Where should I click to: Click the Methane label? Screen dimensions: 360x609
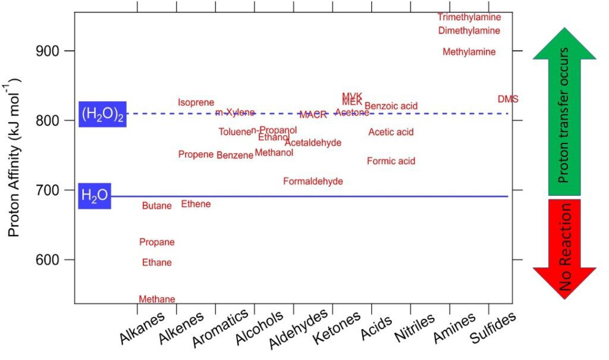click(x=157, y=299)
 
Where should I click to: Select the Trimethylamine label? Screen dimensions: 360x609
click(x=469, y=17)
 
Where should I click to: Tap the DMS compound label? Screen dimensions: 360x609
click(x=508, y=99)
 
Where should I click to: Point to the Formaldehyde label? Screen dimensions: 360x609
click(x=313, y=181)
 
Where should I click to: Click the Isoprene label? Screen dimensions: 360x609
click(x=196, y=103)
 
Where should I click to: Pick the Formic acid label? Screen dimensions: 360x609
click(x=391, y=161)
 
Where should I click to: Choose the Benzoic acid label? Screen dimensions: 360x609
click(x=391, y=107)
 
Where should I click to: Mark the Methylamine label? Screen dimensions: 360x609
click(x=469, y=52)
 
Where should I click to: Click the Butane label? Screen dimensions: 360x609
click(x=156, y=206)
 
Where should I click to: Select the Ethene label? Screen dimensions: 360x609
click(x=196, y=205)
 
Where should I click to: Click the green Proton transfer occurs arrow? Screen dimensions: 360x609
click(x=564, y=119)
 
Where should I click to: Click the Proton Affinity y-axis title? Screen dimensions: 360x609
click(x=14, y=157)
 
